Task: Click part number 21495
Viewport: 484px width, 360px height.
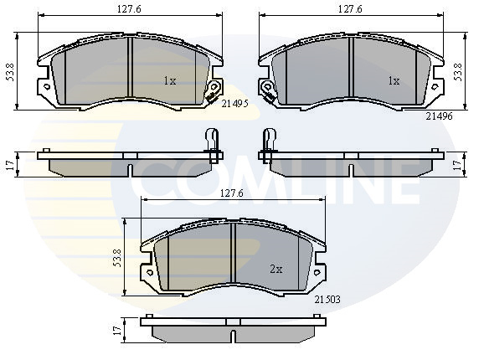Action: pos(235,104)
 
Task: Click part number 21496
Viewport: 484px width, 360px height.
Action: pos(440,116)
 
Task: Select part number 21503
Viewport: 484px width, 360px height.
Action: pos(327,299)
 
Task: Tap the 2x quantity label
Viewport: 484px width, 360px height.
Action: pos(276,270)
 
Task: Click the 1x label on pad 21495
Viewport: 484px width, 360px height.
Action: pos(170,81)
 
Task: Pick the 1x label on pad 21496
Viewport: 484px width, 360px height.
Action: pos(394,81)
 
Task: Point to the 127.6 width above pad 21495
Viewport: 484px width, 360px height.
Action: pos(129,9)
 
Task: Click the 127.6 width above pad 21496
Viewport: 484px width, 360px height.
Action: pos(350,9)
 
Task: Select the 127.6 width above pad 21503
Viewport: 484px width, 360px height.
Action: pos(232,193)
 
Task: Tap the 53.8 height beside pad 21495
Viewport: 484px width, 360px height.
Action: pos(11,72)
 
